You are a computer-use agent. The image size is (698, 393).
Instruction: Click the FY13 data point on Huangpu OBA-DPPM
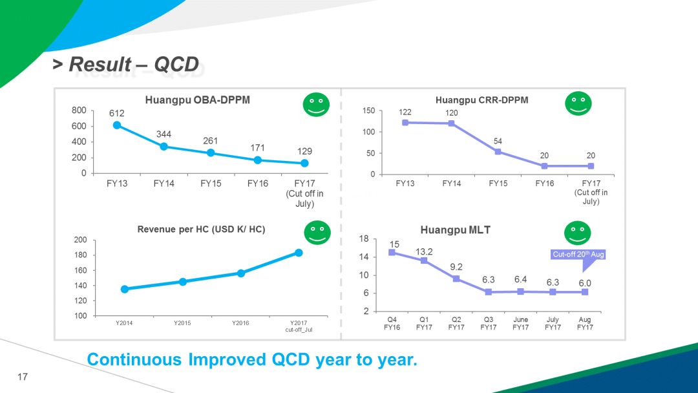coord(117,125)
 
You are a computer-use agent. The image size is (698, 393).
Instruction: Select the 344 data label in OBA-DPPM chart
coord(164,134)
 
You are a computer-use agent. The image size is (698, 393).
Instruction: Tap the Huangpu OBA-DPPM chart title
coord(197,100)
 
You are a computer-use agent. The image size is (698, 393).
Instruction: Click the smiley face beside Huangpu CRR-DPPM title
coord(578,104)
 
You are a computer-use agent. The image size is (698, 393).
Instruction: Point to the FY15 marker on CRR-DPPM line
coord(498,152)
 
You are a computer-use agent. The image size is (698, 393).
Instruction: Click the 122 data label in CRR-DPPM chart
coord(405,112)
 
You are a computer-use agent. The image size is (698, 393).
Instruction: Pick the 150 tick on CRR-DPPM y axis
coord(368,111)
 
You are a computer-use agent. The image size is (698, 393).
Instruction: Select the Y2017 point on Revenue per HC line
coord(299,253)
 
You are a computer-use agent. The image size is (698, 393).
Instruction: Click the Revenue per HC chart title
coord(201,229)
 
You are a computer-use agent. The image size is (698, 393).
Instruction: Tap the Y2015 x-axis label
coord(182,323)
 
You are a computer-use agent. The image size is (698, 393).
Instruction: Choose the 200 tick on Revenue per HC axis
coord(80,240)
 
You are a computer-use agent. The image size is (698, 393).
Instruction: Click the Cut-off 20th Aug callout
coord(578,255)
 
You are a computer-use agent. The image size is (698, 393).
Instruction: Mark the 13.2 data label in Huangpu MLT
coord(424,251)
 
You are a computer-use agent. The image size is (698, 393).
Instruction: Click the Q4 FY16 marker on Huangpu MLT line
coord(392,253)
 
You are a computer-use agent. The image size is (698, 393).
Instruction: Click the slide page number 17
coord(23,377)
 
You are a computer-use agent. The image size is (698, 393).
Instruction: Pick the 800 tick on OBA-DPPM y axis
coord(79,111)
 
